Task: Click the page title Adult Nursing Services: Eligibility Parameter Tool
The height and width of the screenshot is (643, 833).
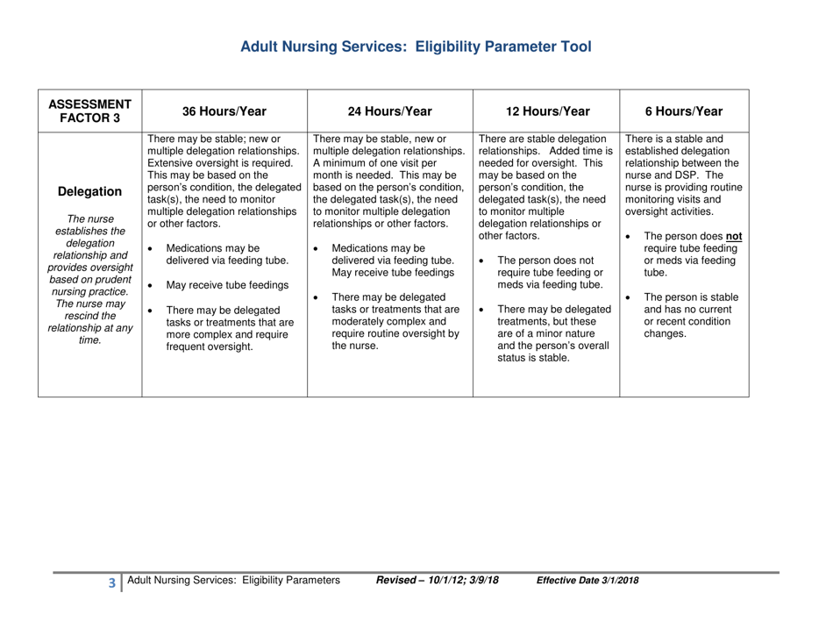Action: [416, 46]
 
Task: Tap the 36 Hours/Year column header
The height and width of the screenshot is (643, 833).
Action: [218, 111]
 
